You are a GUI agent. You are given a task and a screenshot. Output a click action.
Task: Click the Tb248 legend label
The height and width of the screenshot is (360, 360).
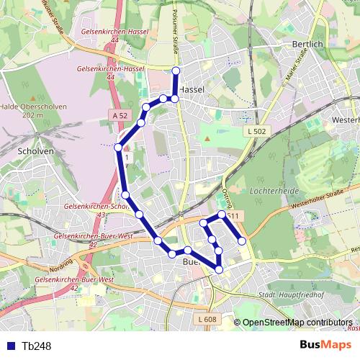point(37,346)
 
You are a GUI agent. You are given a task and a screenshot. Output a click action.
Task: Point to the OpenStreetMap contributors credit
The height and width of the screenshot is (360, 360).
point(297,323)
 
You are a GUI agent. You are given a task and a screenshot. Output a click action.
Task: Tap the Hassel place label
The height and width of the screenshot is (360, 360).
point(192,89)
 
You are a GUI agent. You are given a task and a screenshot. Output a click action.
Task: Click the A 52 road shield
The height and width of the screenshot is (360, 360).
point(120,115)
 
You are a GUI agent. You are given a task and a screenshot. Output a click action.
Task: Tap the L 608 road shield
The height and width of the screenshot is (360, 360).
point(205,319)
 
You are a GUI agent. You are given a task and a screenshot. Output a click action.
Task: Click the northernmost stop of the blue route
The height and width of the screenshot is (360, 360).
point(176,70)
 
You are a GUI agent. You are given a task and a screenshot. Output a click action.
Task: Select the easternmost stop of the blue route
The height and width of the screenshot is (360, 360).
point(242,240)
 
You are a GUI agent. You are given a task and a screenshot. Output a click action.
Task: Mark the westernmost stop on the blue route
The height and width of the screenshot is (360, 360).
point(118,148)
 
